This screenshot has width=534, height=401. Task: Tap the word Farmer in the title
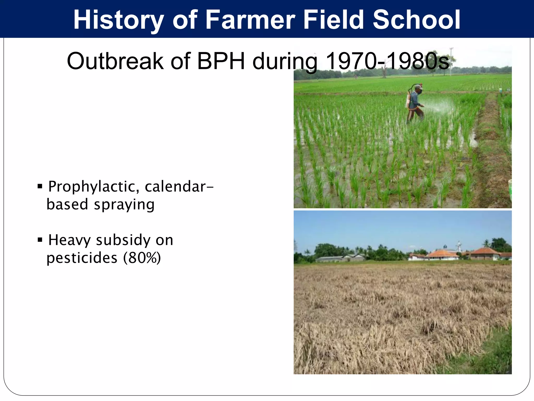[x=250, y=20]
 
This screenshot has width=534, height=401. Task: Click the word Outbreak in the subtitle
[x=115, y=61]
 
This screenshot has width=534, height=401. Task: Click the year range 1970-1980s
[x=387, y=61]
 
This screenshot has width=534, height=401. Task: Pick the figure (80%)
[x=142, y=258]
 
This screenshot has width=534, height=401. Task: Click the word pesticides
[x=82, y=258]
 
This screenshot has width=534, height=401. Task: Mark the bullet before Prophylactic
[x=40, y=186]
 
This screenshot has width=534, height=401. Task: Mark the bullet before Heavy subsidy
[x=40, y=240]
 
